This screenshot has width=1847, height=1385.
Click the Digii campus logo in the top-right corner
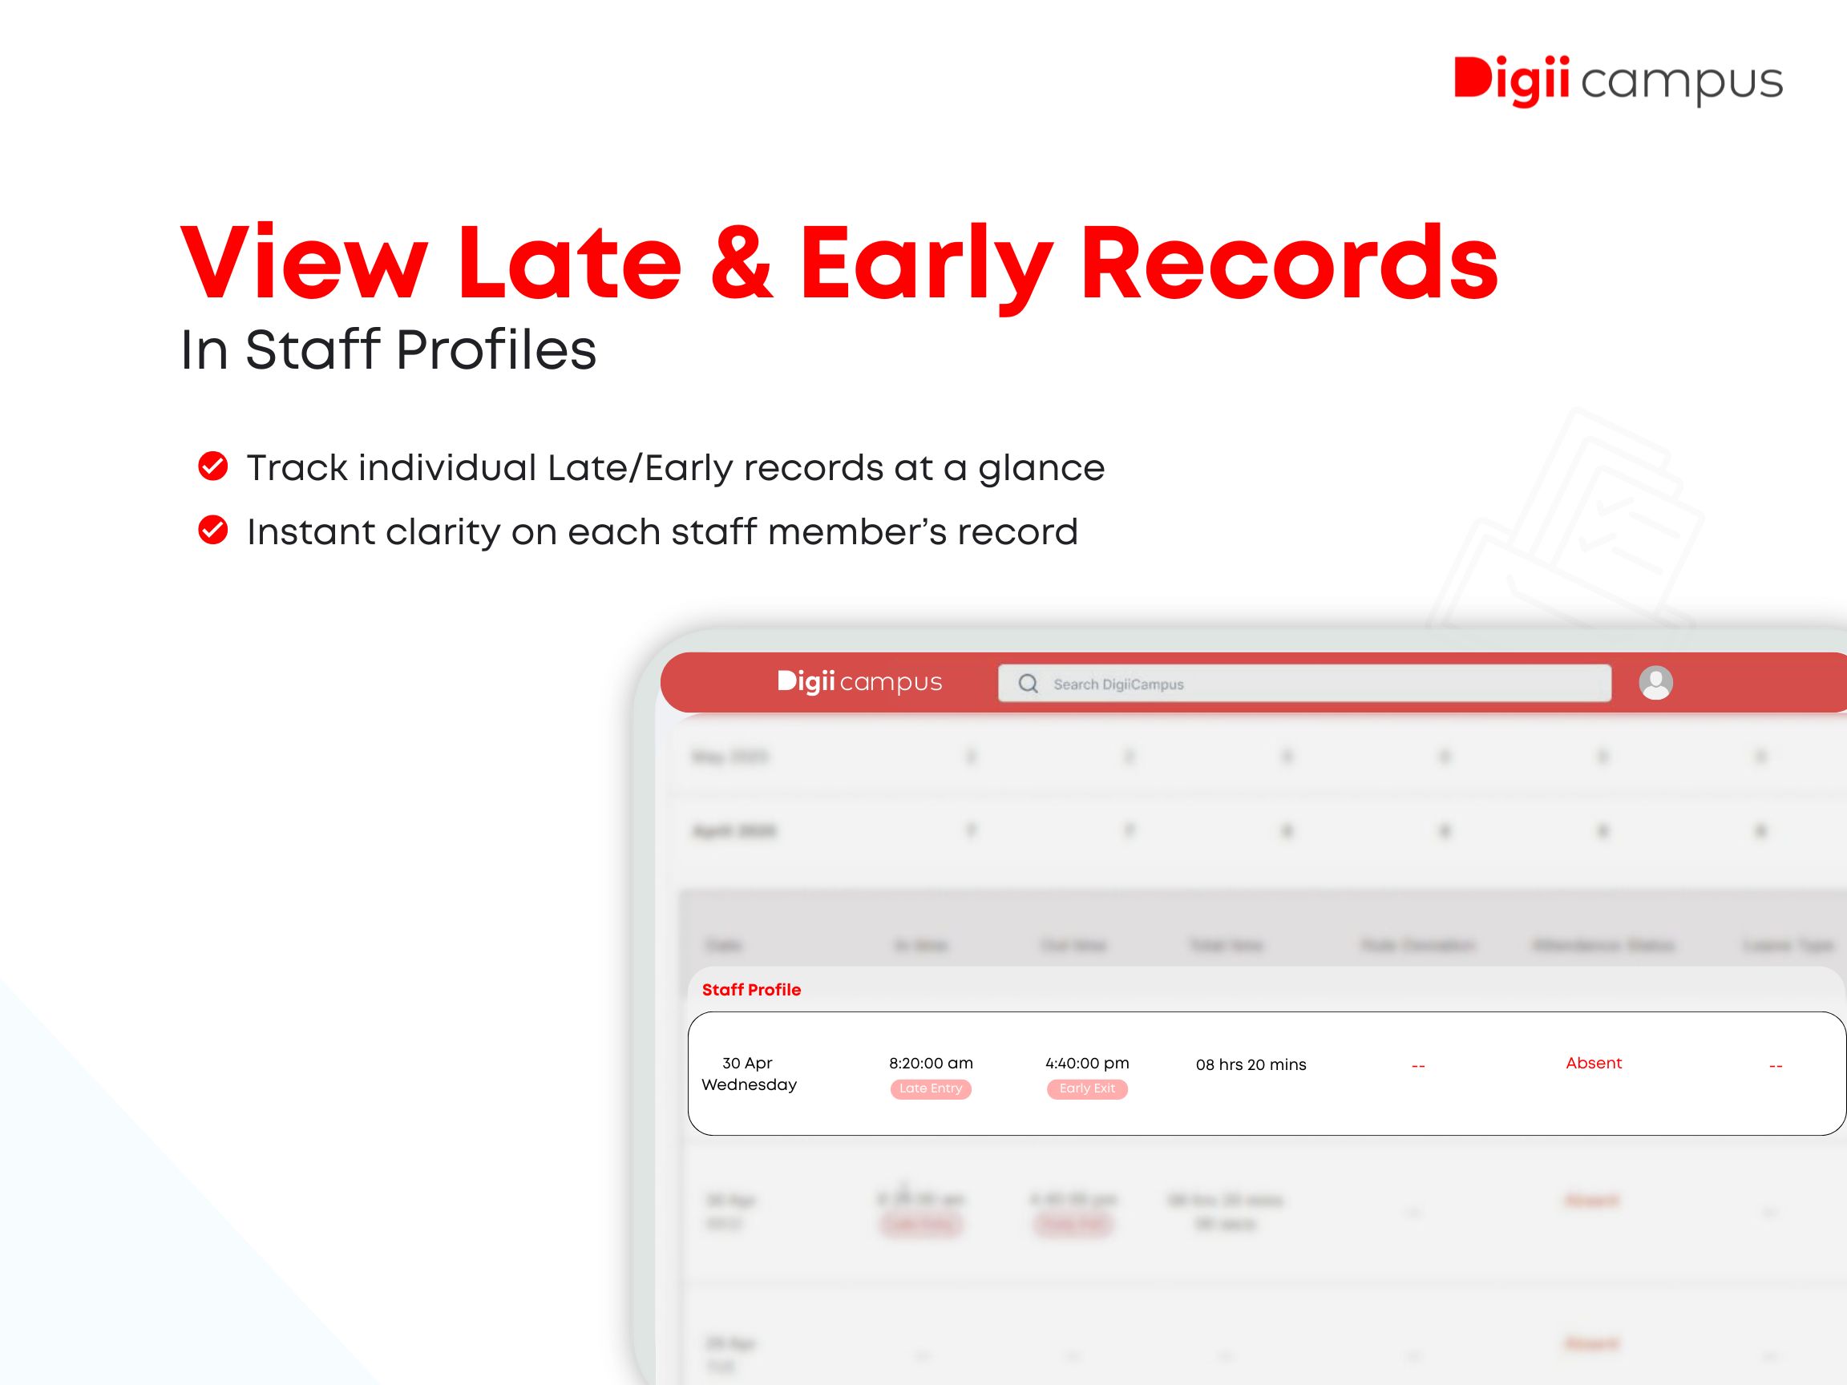(1618, 82)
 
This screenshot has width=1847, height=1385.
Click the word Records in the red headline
(1288, 263)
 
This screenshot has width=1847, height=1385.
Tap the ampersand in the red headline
(742, 263)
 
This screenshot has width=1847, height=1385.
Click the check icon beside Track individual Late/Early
(213, 466)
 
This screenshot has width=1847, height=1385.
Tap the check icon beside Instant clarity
(213, 530)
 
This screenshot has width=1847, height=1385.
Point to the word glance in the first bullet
(1041, 469)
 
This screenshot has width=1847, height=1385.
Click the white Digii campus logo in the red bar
(859, 682)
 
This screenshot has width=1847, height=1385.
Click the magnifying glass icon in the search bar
(1028, 684)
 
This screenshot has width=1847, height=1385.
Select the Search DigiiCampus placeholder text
(1118, 684)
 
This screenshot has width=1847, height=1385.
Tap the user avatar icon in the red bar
(1655, 683)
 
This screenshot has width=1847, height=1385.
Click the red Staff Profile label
(750, 989)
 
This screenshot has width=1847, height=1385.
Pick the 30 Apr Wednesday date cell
(748, 1073)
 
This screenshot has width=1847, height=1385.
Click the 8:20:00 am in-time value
(930, 1063)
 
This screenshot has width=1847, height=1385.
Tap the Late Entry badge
(930, 1088)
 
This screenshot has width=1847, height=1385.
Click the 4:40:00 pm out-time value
(1086, 1063)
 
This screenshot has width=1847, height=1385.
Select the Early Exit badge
(1086, 1088)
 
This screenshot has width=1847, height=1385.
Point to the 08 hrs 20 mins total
(1250, 1064)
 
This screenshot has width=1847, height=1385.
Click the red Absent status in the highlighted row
(1593, 1063)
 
